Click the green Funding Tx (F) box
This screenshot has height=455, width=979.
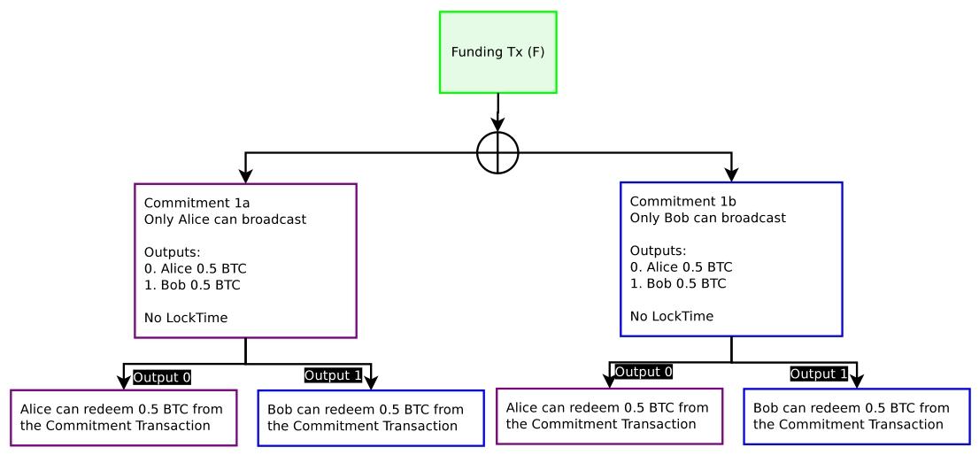coord(498,52)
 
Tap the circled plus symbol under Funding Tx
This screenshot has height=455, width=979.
coord(497,152)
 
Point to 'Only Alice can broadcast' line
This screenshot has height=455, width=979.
coord(225,219)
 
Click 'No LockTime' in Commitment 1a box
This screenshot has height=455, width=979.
coord(185,317)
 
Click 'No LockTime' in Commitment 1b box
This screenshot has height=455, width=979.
coord(671,315)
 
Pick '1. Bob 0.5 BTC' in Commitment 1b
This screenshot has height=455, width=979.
coord(678,283)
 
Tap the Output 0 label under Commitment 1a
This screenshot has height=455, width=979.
coord(162,377)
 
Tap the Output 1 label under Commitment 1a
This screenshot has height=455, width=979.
coord(333,375)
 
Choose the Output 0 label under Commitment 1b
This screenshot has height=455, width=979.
coord(643,372)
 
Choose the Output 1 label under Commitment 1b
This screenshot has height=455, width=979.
coord(820,374)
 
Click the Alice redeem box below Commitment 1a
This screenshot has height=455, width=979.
coord(124,417)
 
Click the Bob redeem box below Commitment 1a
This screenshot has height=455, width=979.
coord(371,418)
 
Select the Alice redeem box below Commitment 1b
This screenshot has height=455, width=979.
coord(610,415)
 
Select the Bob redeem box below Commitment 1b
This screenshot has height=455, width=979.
coord(856,415)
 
